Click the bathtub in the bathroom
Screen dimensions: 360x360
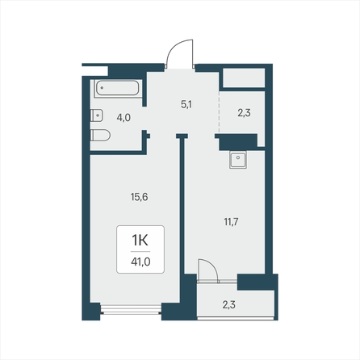point(118,88)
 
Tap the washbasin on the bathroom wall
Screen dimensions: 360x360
point(96,115)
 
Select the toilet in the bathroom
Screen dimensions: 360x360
point(100,135)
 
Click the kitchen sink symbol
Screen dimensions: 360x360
point(238,159)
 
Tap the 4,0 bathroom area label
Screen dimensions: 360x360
point(123,118)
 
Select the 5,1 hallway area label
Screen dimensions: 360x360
point(186,104)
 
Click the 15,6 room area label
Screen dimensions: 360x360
point(140,197)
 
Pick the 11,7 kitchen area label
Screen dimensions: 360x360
point(231,222)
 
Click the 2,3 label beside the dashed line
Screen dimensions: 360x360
point(244,113)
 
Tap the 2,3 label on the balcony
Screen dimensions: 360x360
point(229,305)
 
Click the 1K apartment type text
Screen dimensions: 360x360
point(140,241)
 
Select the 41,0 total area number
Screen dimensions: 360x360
point(140,262)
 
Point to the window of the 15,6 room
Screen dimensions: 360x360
point(131,309)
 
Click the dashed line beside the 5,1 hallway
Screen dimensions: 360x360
point(219,112)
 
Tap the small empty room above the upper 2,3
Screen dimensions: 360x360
point(242,78)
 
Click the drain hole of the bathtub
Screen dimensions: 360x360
point(102,87)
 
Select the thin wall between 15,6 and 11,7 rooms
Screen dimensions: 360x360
point(182,205)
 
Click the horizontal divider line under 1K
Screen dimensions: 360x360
point(140,252)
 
